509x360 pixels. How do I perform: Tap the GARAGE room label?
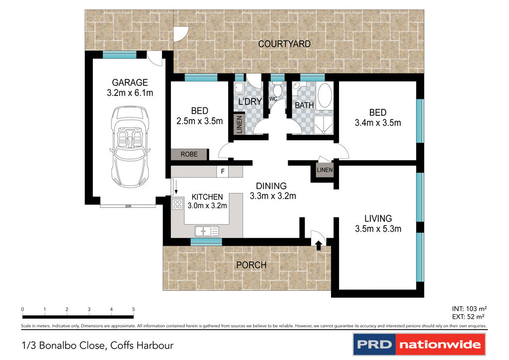point(130,83)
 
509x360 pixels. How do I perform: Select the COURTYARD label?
point(284,44)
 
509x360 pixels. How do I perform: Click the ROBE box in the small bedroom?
point(189,155)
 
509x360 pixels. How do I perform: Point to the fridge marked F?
point(223,172)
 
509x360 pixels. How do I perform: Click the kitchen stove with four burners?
point(177,204)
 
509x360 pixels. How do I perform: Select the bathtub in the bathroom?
point(325,96)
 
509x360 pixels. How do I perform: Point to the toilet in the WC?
point(276,90)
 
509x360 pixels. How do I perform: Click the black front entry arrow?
point(319,243)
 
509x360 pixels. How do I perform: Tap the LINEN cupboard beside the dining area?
point(325,170)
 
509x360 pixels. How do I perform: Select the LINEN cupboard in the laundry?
point(239,125)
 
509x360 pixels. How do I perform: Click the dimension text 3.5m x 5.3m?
point(378,229)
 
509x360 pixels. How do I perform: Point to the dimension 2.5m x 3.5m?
point(199,121)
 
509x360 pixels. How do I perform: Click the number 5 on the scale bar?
point(133,309)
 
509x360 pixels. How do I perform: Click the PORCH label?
point(252,265)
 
